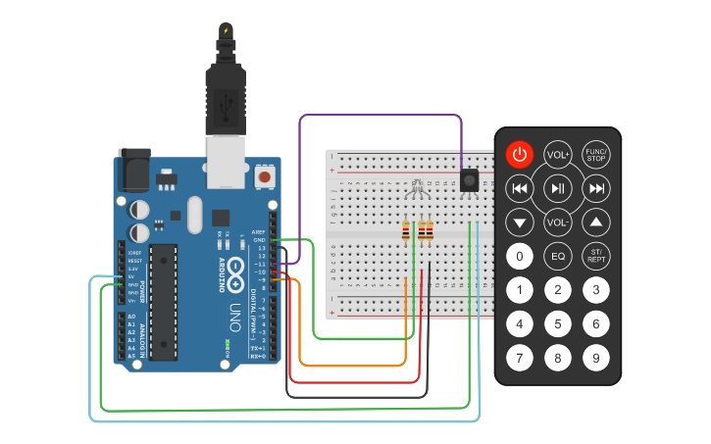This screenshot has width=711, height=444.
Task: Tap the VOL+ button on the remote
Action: coord(557,154)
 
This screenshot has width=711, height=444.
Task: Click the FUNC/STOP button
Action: coord(595,154)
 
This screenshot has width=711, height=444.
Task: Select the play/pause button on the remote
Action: coord(557,188)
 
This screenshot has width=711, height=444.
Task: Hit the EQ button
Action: coord(557,257)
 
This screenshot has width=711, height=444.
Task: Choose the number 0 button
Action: coord(519,257)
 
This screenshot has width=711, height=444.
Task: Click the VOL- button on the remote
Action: coord(557,222)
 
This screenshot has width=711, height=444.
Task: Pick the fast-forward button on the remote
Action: coord(594,188)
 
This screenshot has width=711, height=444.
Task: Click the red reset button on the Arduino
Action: coord(264,177)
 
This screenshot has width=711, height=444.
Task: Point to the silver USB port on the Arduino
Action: coord(226,162)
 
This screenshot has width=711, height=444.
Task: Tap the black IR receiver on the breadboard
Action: coord(470,180)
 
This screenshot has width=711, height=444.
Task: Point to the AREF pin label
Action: coord(258,232)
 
